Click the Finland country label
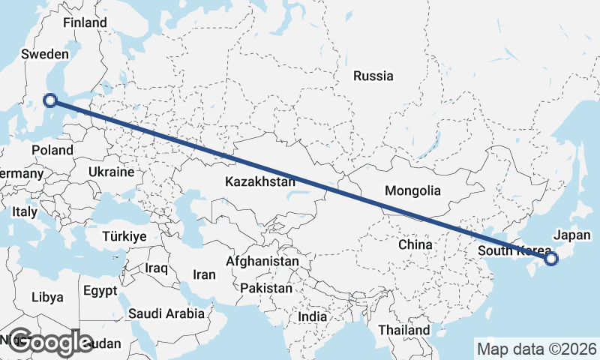85,23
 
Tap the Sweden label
45,54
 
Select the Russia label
373,76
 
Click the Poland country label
52,150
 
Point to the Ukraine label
110,172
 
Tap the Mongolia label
412,191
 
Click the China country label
415,244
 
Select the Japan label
571,235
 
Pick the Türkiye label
124,236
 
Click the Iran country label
204,274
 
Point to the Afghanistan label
262,261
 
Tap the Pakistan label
266,288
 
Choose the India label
313,316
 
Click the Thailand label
404,330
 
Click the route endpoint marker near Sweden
50,100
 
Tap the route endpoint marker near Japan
551,259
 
